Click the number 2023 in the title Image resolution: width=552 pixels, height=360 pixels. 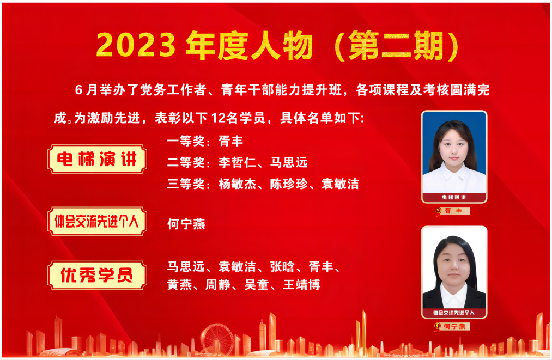(136, 45)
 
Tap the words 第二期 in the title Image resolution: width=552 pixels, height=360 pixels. (396, 46)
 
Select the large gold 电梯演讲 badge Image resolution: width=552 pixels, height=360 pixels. (97, 159)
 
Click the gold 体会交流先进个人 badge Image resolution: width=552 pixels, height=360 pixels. (97, 221)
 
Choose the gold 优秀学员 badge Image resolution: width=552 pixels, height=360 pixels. (97, 275)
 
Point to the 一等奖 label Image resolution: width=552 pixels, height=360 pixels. (186, 141)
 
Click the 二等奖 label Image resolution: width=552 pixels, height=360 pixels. (186, 162)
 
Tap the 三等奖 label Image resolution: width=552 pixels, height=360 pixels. (186, 184)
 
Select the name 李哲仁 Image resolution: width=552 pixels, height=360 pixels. (237, 162)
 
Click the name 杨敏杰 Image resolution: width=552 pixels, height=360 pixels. (237, 184)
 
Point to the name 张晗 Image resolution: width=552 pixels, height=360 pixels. (282, 266)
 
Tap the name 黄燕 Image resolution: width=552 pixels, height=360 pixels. (179, 284)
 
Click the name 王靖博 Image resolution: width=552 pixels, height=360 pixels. (302, 284)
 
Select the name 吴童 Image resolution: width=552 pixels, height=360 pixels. (257, 284)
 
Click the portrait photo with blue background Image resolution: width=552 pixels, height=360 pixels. (454, 157)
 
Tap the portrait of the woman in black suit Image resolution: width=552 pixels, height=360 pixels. (454, 272)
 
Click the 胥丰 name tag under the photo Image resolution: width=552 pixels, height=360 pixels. (452, 211)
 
